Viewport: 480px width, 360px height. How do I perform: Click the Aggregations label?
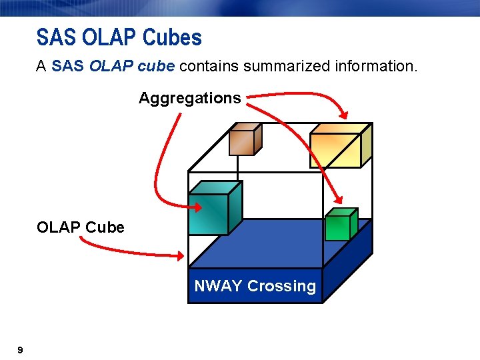tap(189, 99)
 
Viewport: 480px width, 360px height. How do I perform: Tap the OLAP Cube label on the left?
tap(80, 227)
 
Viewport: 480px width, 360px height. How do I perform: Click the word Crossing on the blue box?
tap(281, 287)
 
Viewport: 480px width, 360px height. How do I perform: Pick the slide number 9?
tap(20, 350)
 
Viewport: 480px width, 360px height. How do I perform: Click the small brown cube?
tap(244, 140)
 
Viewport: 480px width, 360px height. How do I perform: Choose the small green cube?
tap(339, 225)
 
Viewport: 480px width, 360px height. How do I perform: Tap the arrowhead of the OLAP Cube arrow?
tap(181, 255)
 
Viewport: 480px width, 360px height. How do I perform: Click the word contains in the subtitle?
tap(211, 67)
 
